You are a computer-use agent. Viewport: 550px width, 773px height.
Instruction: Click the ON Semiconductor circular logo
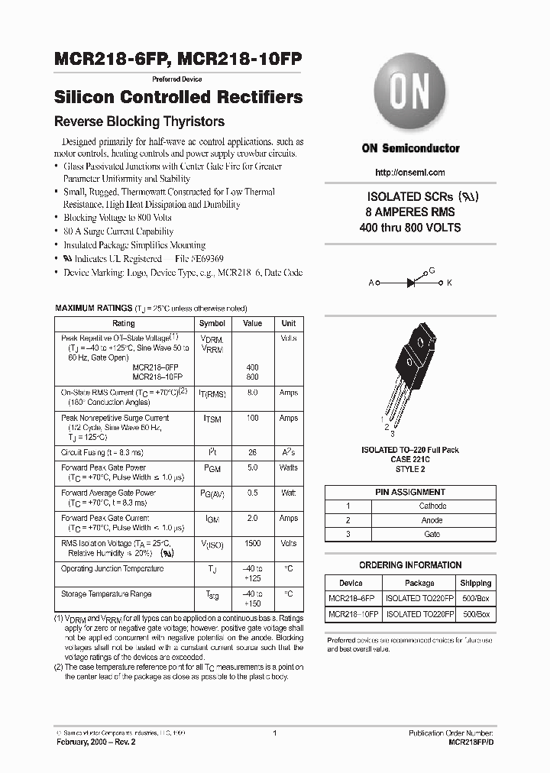[x=410, y=96]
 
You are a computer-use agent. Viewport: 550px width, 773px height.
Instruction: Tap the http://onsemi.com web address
[x=410, y=173]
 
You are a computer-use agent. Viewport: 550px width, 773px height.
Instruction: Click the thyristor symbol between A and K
[x=410, y=283]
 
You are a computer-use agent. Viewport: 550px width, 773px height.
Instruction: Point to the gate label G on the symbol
[x=432, y=270]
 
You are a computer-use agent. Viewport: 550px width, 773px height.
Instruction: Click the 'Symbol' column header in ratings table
[x=212, y=323]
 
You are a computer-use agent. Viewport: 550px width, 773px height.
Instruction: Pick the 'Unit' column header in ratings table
[x=288, y=323]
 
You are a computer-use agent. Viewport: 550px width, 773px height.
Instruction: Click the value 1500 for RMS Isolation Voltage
[x=252, y=544]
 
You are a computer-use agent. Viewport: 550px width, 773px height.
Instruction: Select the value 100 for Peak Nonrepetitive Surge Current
[x=252, y=419]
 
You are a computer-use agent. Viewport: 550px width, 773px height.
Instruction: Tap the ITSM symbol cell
[x=212, y=419]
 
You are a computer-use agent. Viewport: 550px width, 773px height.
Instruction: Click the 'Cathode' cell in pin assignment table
[x=432, y=506]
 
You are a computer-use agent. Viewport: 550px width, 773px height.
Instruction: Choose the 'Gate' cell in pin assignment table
[x=432, y=534]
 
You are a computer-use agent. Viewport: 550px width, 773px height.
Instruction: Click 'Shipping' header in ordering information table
[x=476, y=583]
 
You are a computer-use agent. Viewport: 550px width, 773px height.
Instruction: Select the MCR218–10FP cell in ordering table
[x=351, y=613]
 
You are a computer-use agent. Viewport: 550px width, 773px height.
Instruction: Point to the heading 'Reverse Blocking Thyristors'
[x=138, y=121]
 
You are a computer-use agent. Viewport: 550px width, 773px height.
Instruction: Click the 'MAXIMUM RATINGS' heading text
[x=94, y=308]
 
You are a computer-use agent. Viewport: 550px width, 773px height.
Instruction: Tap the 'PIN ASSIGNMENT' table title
[x=410, y=492]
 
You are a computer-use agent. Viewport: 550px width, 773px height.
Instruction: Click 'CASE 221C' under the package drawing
[x=410, y=460]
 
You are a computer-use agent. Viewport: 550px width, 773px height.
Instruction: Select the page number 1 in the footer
[x=273, y=733]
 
